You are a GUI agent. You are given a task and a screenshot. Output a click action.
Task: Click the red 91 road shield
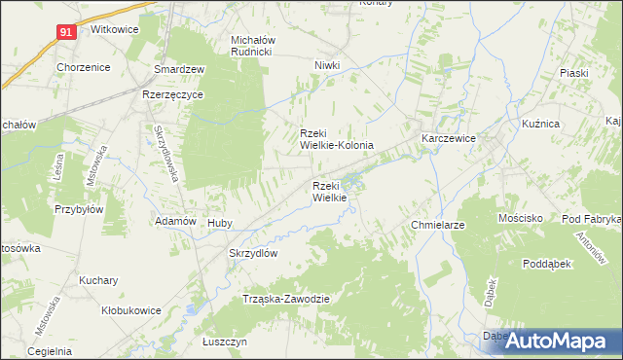coord(65,31)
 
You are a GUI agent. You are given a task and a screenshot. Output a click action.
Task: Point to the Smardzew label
coord(179,70)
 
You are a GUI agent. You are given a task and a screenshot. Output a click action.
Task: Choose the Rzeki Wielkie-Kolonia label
coord(336,139)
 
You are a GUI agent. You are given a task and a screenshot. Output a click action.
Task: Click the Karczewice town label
coord(448,139)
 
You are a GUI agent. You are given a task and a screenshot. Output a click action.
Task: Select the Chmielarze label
coord(437,225)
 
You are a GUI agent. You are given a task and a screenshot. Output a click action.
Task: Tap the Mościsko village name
coord(520,219)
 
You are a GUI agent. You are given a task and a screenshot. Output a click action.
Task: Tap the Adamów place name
coord(178,222)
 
